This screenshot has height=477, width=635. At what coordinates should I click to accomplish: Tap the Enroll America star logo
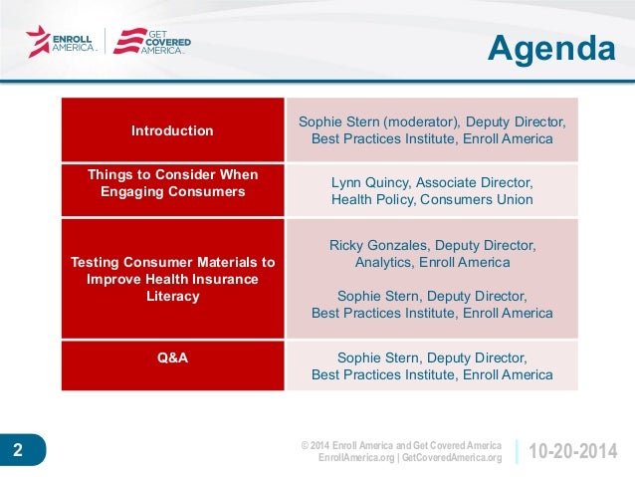point(38,42)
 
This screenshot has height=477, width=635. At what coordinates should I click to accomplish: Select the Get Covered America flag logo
point(130,41)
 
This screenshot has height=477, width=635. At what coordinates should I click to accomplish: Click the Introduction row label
point(172,130)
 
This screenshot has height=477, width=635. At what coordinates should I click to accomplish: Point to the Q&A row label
point(172,358)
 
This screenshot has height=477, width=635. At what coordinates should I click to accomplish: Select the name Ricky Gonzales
point(378,245)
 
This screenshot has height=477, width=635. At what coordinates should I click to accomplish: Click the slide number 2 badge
point(23,449)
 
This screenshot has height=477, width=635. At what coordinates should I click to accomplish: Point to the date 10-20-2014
point(573,451)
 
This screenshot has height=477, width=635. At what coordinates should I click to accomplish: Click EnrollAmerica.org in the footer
point(356,457)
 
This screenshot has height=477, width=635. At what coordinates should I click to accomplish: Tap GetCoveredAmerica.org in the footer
point(452,457)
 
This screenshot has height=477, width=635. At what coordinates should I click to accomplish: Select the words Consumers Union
point(476,199)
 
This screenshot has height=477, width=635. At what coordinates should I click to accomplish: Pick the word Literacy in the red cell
point(173,296)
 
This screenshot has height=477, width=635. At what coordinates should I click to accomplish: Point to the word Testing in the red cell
point(95,262)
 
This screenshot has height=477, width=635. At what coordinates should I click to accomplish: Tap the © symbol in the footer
point(305,445)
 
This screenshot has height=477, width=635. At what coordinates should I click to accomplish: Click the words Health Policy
point(373,199)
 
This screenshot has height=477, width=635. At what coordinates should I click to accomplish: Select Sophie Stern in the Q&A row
point(380,358)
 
